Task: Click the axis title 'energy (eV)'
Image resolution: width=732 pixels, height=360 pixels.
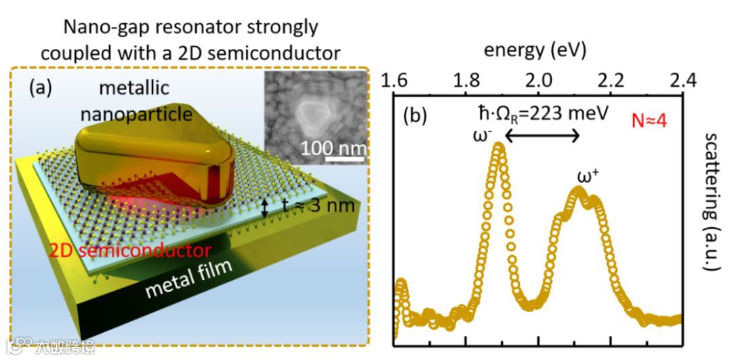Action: click(x=535, y=49)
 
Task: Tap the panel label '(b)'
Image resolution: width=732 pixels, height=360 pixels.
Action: click(x=415, y=115)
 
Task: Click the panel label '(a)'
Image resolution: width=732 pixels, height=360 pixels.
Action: click(x=43, y=87)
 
